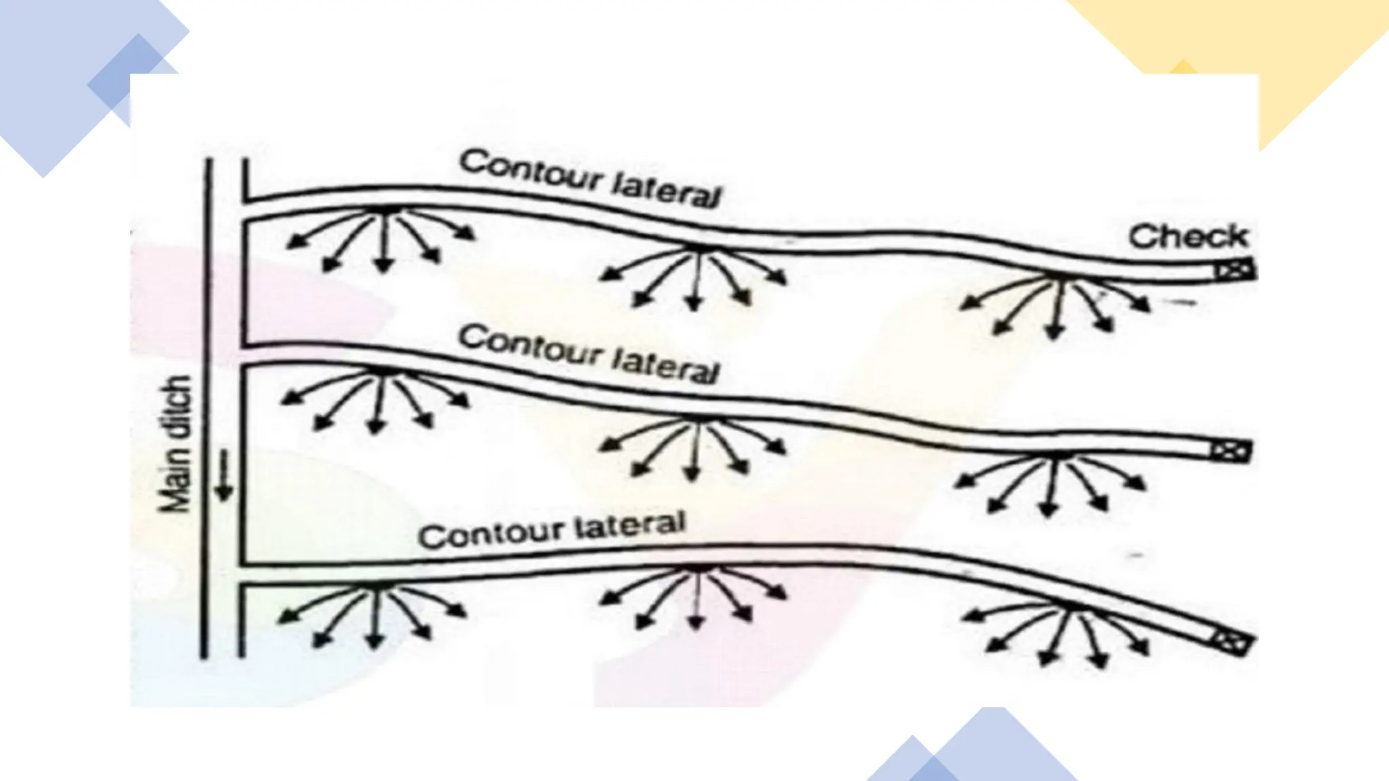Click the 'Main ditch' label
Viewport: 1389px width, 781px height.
click(176, 444)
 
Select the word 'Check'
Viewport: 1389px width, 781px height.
click(1188, 237)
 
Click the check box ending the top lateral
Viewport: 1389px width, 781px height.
click(1234, 271)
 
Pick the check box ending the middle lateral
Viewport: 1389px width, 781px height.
click(1230, 451)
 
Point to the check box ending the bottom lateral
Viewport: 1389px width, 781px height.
click(1230, 641)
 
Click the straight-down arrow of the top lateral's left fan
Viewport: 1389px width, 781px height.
click(384, 241)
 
